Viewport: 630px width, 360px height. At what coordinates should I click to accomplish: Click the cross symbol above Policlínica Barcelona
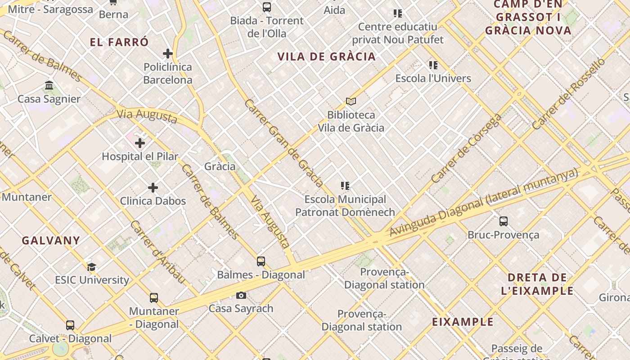[x=168, y=54]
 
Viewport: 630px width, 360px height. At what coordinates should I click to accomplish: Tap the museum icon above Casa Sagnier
[x=49, y=85]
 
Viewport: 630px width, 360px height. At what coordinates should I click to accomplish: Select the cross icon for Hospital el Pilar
[x=140, y=143]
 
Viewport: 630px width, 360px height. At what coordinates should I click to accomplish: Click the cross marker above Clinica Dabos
[x=153, y=187]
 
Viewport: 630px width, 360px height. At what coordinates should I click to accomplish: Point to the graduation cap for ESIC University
[x=92, y=267]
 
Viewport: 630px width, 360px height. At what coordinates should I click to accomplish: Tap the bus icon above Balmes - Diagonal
[x=261, y=261]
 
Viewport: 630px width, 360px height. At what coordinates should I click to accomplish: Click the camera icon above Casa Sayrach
[x=241, y=295]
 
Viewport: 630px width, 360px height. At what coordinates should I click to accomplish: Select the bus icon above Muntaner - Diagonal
[x=154, y=297]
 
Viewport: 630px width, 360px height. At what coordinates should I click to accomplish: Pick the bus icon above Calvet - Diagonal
[x=70, y=325]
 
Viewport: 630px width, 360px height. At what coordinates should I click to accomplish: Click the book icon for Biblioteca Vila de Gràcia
[x=351, y=102]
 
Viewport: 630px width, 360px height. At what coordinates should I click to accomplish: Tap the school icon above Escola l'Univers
[x=433, y=65]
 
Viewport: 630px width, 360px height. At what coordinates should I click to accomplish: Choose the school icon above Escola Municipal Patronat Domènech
[x=345, y=186]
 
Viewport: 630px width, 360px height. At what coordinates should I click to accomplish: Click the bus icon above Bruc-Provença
[x=504, y=221]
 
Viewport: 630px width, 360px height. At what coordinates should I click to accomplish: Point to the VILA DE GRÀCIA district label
[x=326, y=57]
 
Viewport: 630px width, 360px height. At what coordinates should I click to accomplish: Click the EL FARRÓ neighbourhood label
[x=119, y=43]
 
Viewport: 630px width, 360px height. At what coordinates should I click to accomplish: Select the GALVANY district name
[x=51, y=240]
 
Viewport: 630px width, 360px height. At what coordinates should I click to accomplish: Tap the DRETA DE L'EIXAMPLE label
[x=537, y=284]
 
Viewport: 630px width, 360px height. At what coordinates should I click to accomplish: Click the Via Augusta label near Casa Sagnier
[x=147, y=116]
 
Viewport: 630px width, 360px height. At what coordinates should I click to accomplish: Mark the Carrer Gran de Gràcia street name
[x=283, y=143]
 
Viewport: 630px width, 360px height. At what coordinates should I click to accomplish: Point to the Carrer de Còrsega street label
[x=466, y=149]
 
